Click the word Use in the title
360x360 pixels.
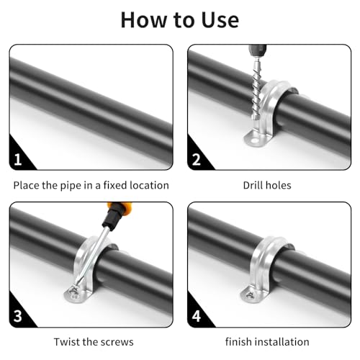click(213, 19)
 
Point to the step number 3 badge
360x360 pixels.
click(18, 315)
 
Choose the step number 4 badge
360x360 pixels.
click(197, 315)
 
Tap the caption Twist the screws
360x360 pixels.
click(94, 341)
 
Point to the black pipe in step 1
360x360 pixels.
click(90, 101)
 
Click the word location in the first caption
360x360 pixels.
click(147, 185)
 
